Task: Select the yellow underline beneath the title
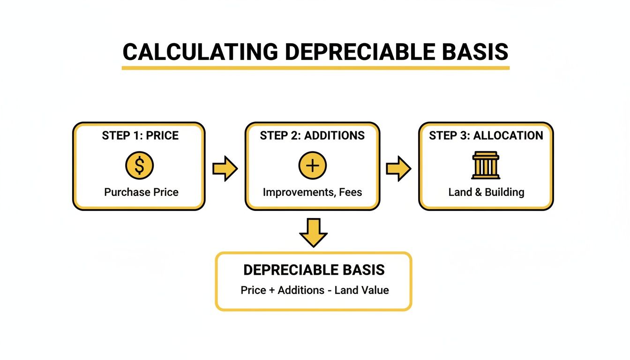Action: (315, 68)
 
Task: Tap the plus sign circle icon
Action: (312, 166)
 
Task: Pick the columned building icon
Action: (486, 166)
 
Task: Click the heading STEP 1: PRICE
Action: (140, 136)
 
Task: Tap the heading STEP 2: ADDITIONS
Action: (312, 136)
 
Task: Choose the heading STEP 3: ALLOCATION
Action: (486, 136)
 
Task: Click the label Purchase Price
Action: (141, 192)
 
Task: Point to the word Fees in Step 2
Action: (351, 192)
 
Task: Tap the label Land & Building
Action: (486, 192)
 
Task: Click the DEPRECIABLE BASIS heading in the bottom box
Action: (314, 270)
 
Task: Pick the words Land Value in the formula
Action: (361, 290)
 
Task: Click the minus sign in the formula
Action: (330, 290)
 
